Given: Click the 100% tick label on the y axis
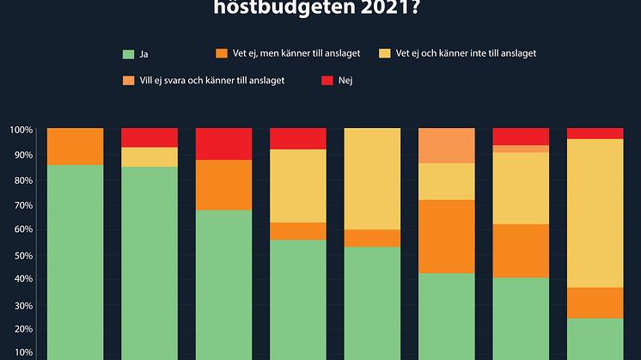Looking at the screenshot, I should point(21,130).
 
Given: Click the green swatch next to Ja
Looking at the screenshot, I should point(128,54).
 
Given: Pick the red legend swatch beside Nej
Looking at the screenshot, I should point(327,82).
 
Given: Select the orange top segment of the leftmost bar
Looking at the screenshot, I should point(75,146).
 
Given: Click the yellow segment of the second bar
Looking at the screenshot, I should point(150,156).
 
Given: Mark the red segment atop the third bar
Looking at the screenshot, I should point(223,143).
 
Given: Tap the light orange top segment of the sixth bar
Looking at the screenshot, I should point(446,144).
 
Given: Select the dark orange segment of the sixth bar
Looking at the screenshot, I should point(446,236).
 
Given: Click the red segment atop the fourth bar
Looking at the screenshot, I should point(298,138).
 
